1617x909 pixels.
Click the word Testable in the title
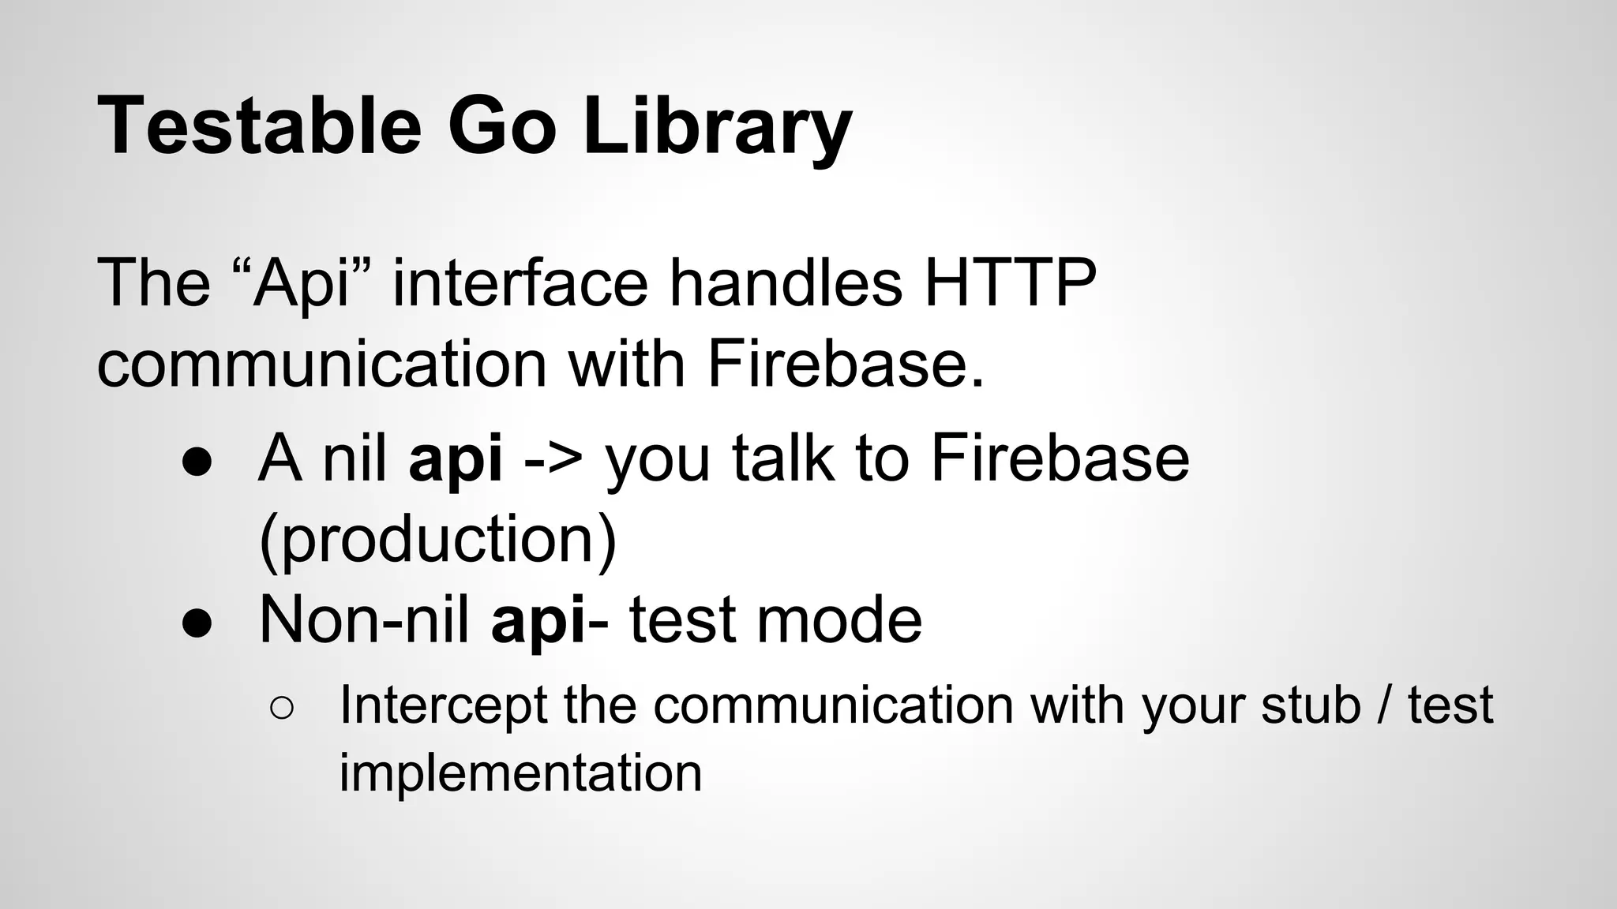tap(260, 126)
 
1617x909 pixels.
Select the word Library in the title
tap(717, 126)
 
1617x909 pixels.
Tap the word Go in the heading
tap(502, 126)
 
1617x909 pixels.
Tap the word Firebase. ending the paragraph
tap(845, 365)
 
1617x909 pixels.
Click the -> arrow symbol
tap(553, 461)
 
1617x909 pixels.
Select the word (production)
tap(437, 541)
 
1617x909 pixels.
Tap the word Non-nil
tap(364, 620)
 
